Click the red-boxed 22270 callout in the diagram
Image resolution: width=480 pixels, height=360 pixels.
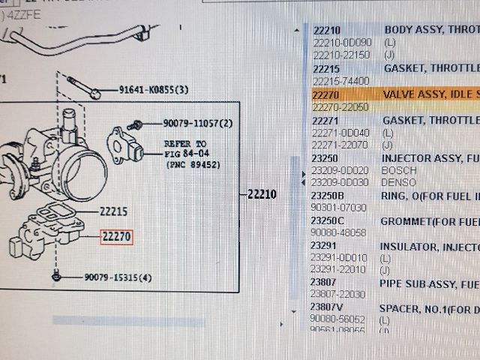[x=117, y=236]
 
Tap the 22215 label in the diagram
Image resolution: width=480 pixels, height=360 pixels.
[x=113, y=211]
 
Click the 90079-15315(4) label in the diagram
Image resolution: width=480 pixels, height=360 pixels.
[x=118, y=277]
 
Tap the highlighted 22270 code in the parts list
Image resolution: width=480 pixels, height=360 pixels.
[x=327, y=95]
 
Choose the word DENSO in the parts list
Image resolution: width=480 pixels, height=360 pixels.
[x=398, y=182]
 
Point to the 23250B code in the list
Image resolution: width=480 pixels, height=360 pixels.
[x=328, y=195]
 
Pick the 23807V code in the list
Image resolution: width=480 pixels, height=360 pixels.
[x=327, y=307]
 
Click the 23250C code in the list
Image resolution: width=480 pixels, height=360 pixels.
[x=328, y=220]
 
